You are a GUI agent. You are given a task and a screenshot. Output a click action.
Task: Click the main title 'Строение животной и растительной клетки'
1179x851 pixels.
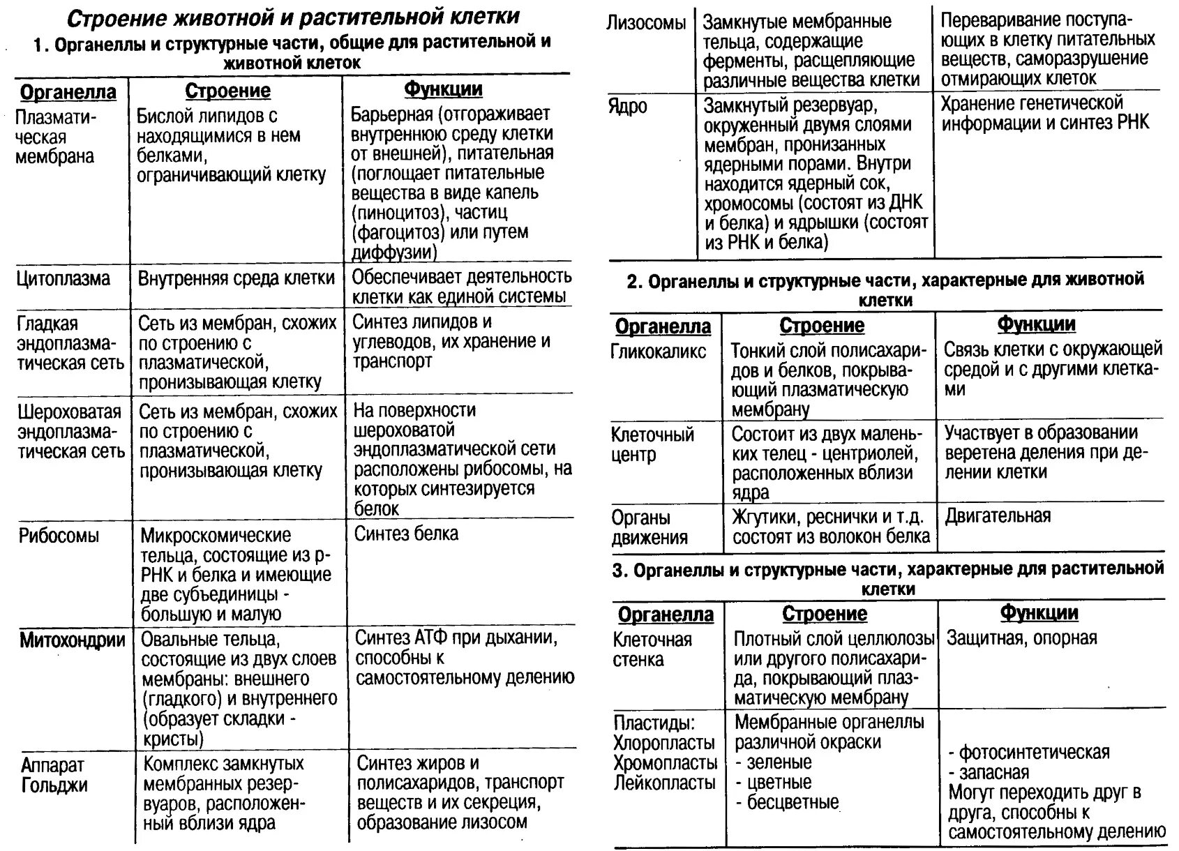(x=296, y=17)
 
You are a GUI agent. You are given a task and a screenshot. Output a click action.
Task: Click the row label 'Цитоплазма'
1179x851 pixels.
(x=63, y=279)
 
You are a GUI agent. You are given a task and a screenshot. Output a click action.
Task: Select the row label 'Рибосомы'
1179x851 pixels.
(x=59, y=536)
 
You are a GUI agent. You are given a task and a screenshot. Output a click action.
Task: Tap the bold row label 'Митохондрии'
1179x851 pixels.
(x=73, y=640)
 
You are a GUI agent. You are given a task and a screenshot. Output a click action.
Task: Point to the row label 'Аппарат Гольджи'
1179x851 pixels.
(x=54, y=775)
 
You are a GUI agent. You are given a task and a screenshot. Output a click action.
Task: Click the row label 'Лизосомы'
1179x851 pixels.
(x=646, y=23)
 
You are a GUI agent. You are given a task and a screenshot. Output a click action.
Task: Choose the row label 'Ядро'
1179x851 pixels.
(x=627, y=107)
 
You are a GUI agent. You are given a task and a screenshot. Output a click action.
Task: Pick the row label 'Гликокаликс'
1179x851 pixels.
(x=659, y=352)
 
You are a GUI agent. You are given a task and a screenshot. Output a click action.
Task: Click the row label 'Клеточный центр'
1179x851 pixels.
(x=652, y=444)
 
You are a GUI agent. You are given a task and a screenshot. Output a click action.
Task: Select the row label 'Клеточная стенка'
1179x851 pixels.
(x=652, y=649)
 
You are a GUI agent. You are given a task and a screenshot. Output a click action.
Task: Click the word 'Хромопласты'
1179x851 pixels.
(x=665, y=762)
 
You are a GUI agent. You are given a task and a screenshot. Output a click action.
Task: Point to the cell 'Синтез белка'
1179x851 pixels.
(x=406, y=534)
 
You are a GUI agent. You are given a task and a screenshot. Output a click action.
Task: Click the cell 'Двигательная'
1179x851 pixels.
(x=998, y=516)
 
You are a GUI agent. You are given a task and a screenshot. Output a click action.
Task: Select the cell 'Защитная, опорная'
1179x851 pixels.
(x=1021, y=638)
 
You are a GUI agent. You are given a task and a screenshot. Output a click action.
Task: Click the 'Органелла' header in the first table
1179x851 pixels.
(x=68, y=92)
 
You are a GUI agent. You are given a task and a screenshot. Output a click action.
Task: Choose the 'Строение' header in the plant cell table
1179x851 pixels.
(x=825, y=614)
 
